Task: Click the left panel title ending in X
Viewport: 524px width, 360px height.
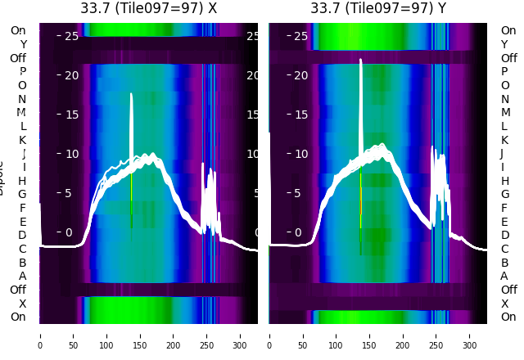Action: [149, 9]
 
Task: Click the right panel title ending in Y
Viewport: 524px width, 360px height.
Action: [378, 9]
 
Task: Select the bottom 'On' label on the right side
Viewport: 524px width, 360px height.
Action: [508, 317]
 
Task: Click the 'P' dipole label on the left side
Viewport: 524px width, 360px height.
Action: [23, 71]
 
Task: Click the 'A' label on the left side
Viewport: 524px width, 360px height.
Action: [23, 276]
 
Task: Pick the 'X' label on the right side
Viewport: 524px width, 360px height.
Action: [504, 304]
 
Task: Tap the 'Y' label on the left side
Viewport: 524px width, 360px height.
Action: [23, 44]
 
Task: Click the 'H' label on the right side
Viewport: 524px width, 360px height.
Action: [504, 181]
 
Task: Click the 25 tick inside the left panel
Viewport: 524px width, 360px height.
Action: [71, 36]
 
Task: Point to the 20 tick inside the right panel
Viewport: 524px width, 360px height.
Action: [300, 75]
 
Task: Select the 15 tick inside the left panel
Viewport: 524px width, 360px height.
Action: [71, 114]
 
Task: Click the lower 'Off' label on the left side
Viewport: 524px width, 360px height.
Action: [18, 290]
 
